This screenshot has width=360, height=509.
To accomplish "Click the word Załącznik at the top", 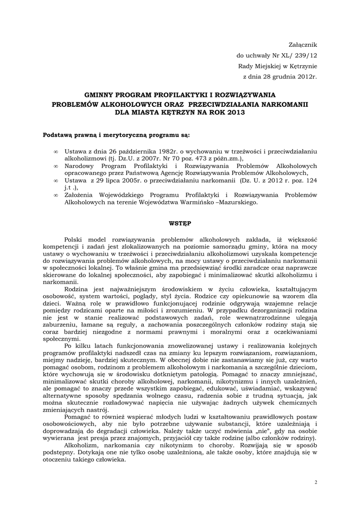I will [x=303, y=45].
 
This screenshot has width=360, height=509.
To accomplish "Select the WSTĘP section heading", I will [x=180, y=224].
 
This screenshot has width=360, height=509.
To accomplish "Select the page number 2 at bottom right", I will [x=316, y=482].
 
